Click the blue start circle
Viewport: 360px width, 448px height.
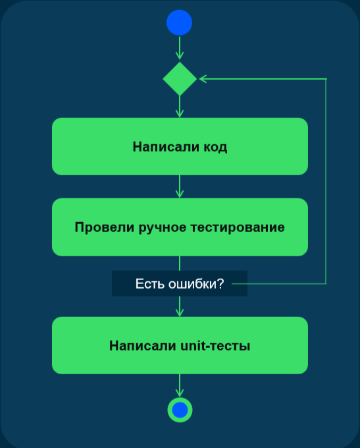pyautogui.click(x=179, y=22)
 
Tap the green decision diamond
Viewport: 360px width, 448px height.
pyautogui.click(x=180, y=79)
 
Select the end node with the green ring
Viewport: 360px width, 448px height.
pyautogui.click(x=180, y=410)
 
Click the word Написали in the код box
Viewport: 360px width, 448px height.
pyautogui.click(x=166, y=146)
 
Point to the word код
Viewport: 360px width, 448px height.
pyautogui.click(x=216, y=147)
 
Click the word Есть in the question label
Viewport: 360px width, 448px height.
pyautogui.click(x=150, y=284)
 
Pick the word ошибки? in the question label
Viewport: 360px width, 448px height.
pyautogui.click(x=196, y=284)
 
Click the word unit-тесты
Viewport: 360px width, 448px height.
pyautogui.click(x=215, y=346)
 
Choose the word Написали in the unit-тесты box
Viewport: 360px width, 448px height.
pyautogui.click(x=143, y=346)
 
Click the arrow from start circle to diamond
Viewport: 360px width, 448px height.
pyautogui.click(x=180, y=47)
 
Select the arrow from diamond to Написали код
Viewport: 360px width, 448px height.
pyautogui.click(x=180, y=106)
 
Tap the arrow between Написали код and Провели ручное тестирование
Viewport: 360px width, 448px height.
pyautogui.click(x=180, y=186)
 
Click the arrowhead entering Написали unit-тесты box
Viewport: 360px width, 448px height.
pyautogui.click(x=180, y=313)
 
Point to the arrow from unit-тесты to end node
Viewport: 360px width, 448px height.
pyautogui.click(x=180, y=385)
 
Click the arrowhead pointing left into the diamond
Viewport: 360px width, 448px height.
pyautogui.click(x=203, y=79)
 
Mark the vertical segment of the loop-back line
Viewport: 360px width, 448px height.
pyautogui.click(x=326, y=181)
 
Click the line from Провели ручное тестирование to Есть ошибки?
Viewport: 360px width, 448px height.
pyautogui.click(x=180, y=263)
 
